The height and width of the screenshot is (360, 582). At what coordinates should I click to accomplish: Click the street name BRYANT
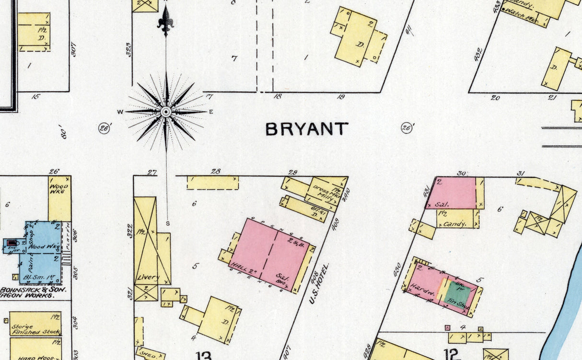[x=307, y=129]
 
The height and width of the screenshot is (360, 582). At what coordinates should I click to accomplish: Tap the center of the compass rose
[x=166, y=112]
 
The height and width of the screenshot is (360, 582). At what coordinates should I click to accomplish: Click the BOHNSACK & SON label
[x=33, y=290]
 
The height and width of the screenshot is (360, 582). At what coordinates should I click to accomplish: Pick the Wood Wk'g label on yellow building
[x=59, y=189]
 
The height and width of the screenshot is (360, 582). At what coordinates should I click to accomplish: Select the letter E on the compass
[x=211, y=112]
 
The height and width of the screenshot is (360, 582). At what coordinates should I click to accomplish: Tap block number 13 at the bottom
[x=203, y=355]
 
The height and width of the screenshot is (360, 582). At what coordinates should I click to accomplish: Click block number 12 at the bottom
[x=452, y=354]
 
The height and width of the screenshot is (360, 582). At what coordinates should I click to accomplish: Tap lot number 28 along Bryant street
[x=216, y=172]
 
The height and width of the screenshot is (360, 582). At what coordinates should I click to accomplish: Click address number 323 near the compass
[x=129, y=50]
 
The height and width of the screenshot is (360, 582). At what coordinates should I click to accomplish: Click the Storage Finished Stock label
[x=35, y=328]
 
